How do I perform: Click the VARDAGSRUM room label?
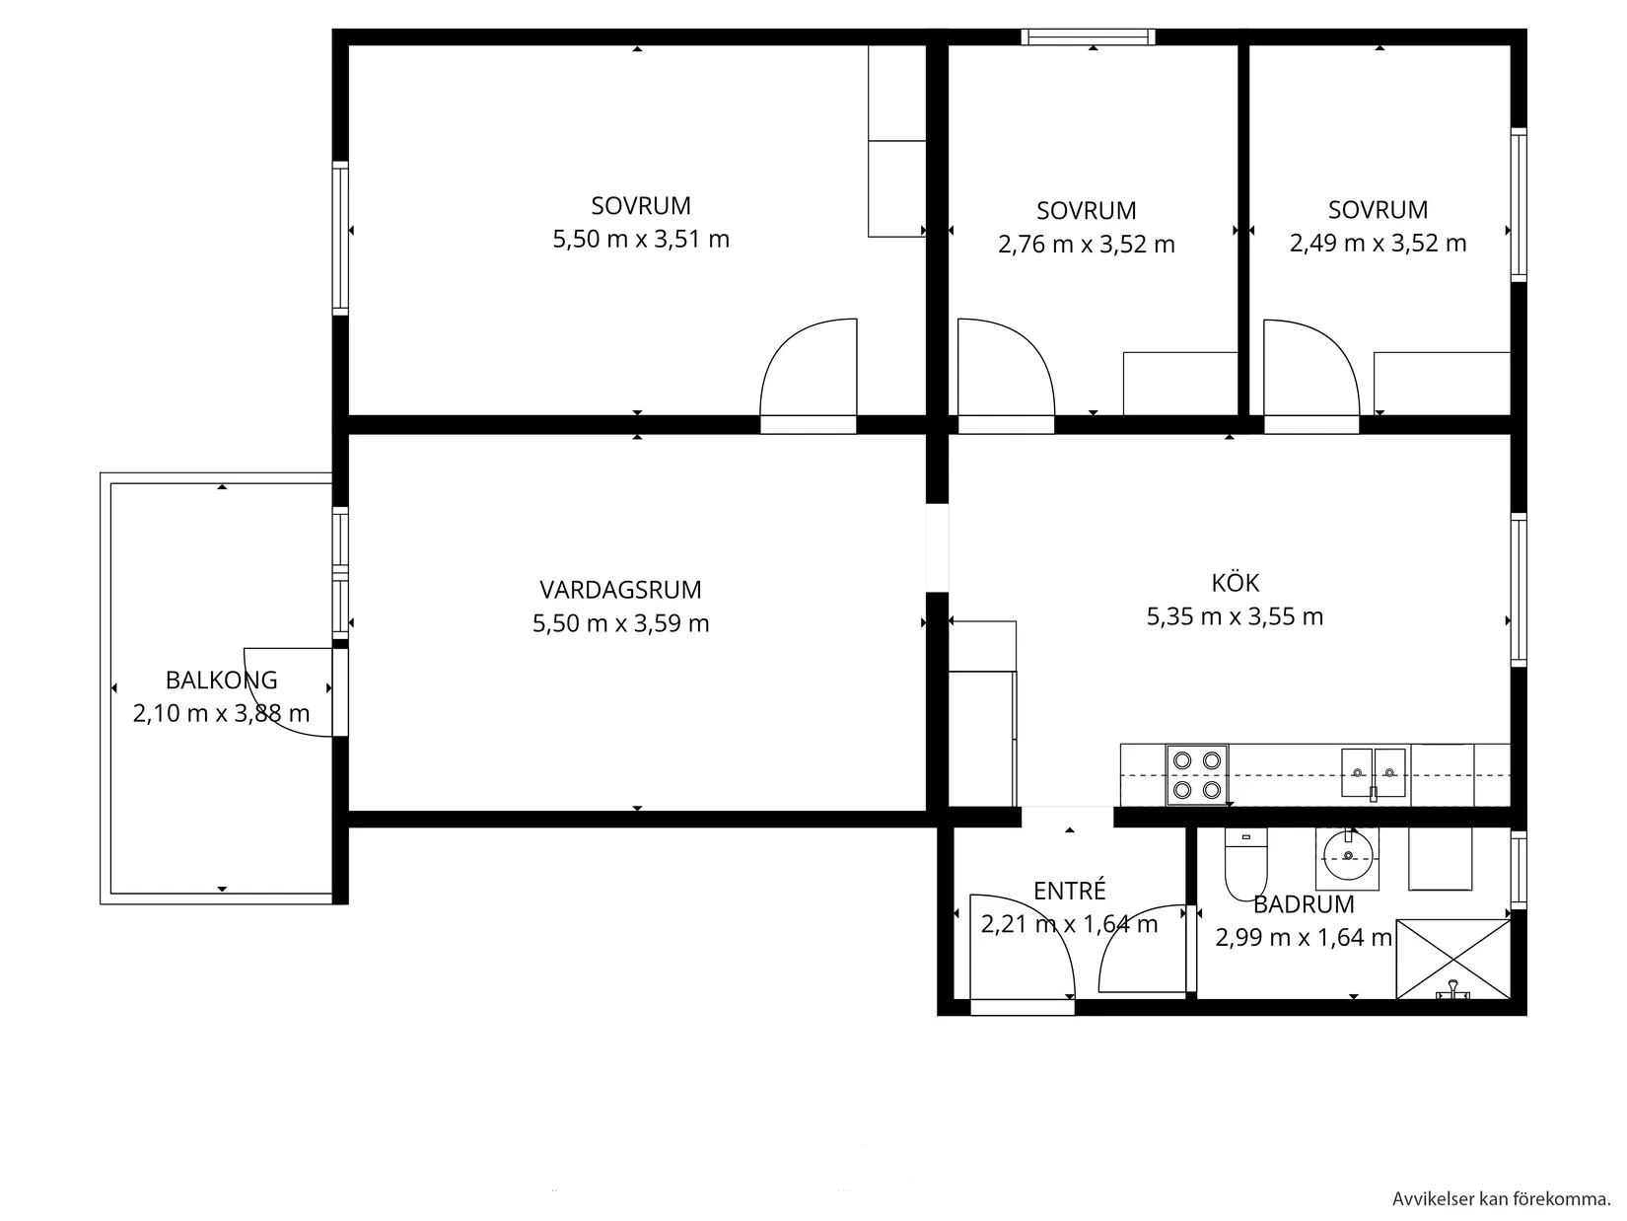point(620,590)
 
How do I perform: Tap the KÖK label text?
point(1235,583)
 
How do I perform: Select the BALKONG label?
point(221,680)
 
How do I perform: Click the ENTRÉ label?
point(1069,891)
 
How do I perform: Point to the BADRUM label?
point(1304,904)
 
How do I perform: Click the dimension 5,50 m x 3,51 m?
point(641,240)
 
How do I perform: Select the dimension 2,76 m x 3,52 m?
point(1086,245)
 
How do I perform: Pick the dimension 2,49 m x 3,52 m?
point(1378,244)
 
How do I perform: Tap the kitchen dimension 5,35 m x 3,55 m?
point(1235,617)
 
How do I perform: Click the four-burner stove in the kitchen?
point(1197,774)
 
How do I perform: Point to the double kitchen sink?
point(1373,772)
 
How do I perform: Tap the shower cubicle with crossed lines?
point(1453,959)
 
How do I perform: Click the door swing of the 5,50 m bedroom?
point(809,370)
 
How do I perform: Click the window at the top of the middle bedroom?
point(1088,37)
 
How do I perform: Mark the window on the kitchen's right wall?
point(1519,590)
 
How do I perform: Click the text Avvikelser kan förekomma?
point(1501,1199)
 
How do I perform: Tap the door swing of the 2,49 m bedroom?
point(1311,370)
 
